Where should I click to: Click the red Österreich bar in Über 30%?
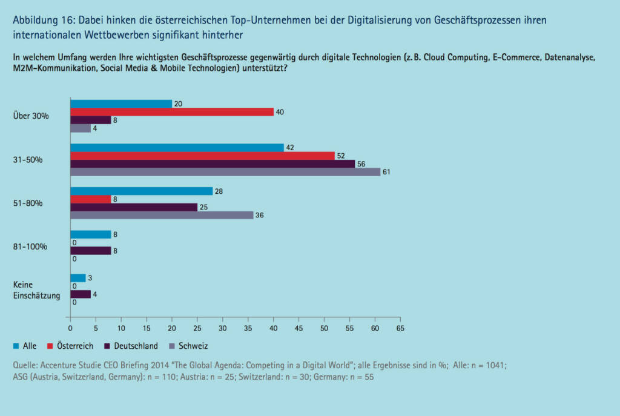[171, 112]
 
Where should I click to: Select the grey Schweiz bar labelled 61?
[225, 172]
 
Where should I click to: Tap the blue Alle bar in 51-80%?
[142, 191]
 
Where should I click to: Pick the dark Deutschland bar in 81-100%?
[91, 251]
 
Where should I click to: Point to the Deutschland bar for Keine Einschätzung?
[81, 294]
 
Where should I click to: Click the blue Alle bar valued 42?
[177, 147]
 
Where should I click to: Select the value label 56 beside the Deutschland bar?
[361, 163]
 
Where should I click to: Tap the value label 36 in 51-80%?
[260, 216]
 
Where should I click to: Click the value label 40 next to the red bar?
[280, 112]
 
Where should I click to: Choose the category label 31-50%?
[28, 160]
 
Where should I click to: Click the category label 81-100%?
[30, 247]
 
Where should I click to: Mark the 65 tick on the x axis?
[400, 328]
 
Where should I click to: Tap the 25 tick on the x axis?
[197, 328]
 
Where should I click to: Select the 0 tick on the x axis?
[70, 328]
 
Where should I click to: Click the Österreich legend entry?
[71, 346]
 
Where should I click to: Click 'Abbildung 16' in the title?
[39, 20]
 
